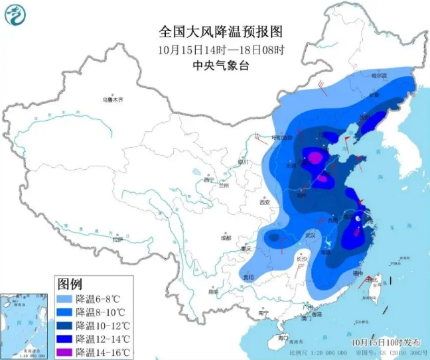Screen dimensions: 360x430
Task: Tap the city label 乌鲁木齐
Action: pos(113,99)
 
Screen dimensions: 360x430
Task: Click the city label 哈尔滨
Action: pos(378,76)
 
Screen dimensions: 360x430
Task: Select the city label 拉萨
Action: pos(118,240)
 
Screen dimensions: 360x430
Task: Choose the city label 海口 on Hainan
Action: pos(283,337)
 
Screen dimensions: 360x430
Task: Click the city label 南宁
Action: pos(263,312)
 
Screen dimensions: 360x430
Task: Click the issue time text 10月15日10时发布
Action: pos(386,342)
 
